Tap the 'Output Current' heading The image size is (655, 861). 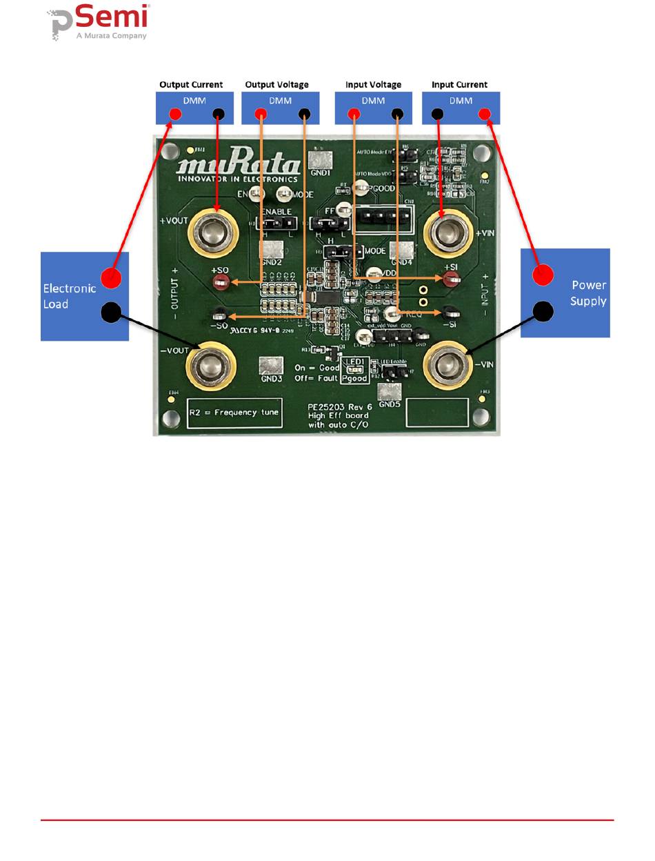point(191,85)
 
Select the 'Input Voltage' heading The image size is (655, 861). point(373,85)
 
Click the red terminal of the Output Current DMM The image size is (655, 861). point(166,115)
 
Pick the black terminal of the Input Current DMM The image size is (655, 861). point(437,114)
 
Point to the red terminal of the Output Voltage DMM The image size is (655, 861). point(261,115)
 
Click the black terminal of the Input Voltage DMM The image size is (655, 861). point(397,115)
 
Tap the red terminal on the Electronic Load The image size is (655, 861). point(110,278)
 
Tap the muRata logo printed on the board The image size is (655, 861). point(238,167)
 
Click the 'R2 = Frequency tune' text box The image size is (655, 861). point(234,413)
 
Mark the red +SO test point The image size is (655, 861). point(221,280)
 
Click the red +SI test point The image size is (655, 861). point(451,279)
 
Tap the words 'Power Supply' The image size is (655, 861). point(588,293)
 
